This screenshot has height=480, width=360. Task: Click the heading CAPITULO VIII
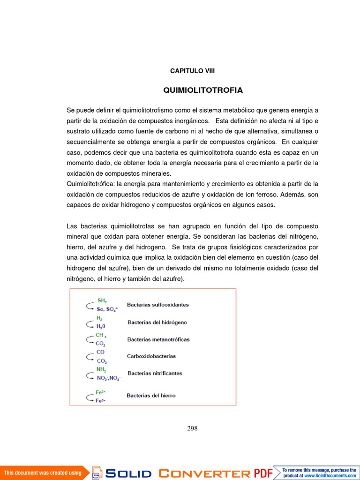(192, 71)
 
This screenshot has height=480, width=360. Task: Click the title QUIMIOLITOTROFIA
(203, 90)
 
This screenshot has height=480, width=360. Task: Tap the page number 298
(192, 428)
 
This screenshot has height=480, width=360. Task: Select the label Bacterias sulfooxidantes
(158, 305)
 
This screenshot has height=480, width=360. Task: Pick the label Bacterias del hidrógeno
(157, 322)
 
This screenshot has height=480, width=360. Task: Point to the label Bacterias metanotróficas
(158, 339)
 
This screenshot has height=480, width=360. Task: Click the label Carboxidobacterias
(151, 356)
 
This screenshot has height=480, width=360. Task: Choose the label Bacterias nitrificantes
(155, 374)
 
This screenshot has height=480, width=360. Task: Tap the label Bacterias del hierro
(151, 396)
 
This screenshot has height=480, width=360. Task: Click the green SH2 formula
(102, 300)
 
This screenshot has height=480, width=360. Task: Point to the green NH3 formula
(101, 370)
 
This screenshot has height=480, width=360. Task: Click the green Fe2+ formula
(100, 392)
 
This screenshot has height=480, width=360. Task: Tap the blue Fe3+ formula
(100, 401)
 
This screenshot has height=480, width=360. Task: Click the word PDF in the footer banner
(263, 473)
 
